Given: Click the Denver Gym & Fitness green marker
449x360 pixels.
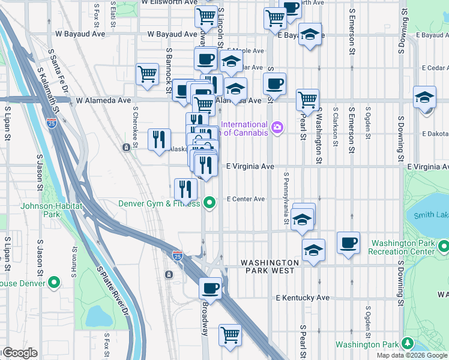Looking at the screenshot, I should (209, 203).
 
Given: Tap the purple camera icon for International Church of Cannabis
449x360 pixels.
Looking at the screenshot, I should (277, 127).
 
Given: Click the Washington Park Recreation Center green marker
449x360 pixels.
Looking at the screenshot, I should (443, 247).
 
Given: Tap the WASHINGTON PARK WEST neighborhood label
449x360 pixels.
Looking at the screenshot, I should (270, 267).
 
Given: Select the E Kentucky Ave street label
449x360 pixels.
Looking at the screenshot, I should (303, 298).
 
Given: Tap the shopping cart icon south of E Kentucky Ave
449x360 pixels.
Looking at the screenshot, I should (229, 334).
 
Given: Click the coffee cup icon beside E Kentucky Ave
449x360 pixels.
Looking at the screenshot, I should (211, 288).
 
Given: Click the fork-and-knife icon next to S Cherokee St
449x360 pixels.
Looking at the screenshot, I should (159, 139).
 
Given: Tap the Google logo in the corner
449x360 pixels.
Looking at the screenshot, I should (19, 353).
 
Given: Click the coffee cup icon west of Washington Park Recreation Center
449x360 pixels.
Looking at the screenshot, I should (348, 243).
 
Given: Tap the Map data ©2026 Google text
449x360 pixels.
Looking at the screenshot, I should (412, 355).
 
